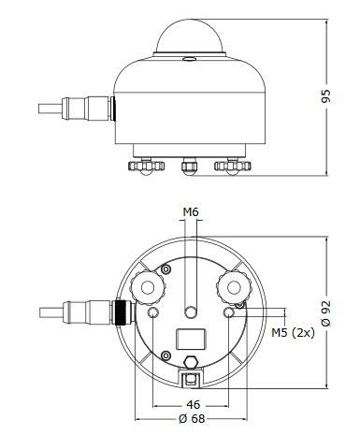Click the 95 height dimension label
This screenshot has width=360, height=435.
tap(326, 96)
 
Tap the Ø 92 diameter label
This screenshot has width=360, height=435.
tap(326, 313)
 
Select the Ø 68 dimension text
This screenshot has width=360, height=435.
tap(193, 419)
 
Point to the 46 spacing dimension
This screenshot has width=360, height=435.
tap(194, 405)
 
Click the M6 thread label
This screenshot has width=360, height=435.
tap(191, 212)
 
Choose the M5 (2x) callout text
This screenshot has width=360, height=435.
tap(293, 333)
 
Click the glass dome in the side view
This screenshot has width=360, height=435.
tap(191, 36)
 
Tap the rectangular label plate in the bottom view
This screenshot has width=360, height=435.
tap(191, 339)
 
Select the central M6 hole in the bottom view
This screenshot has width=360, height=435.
tap(191, 312)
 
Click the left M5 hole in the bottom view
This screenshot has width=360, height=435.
tap(153, 312)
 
